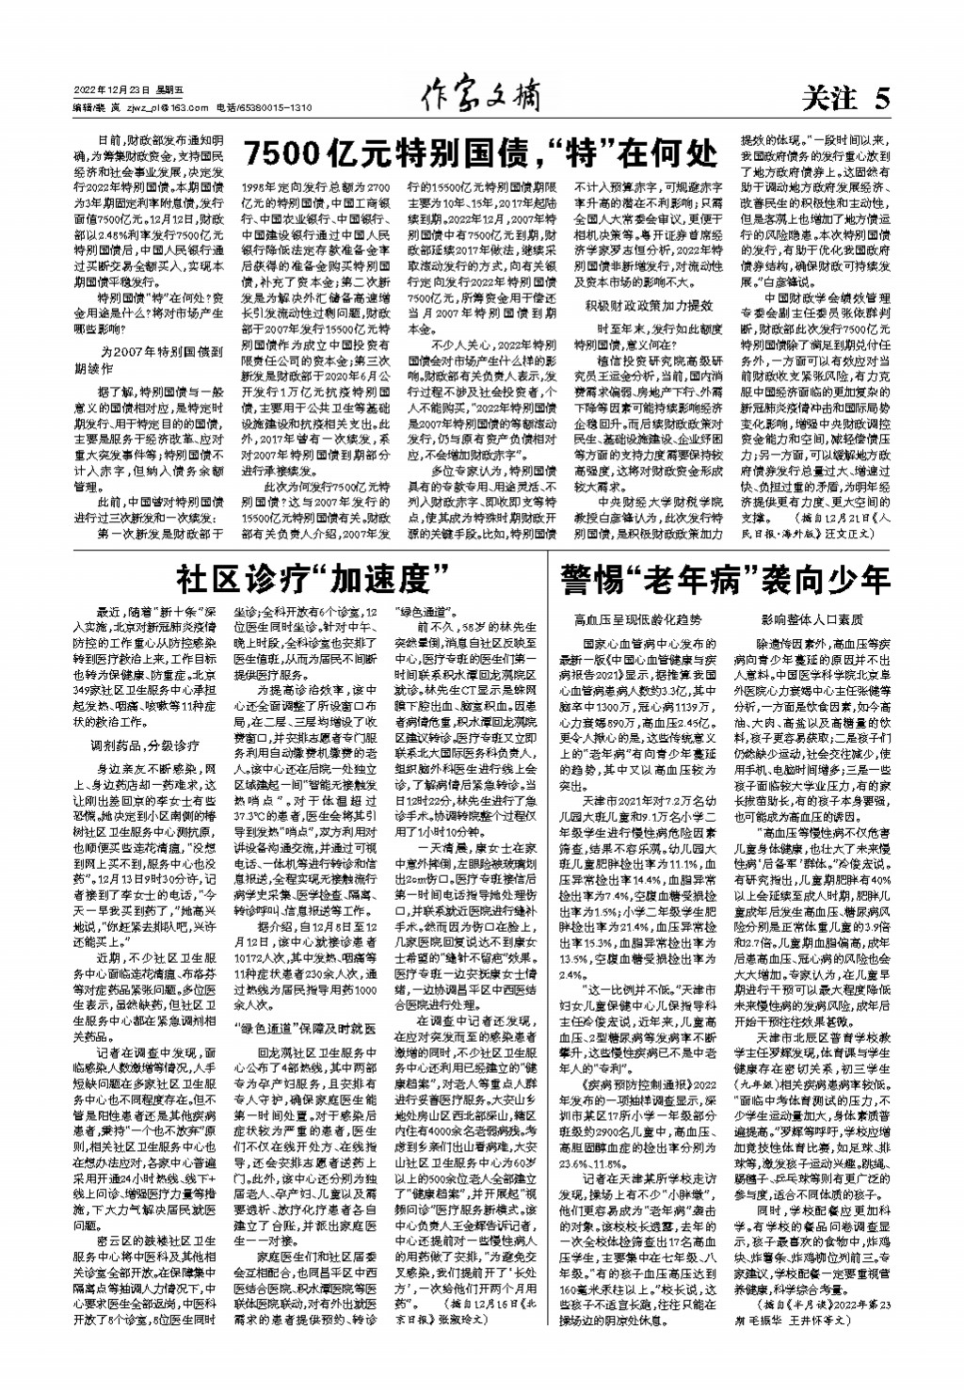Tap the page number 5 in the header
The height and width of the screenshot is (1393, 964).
tap(881, 98)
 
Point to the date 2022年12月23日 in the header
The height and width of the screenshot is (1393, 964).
tap(112, 90)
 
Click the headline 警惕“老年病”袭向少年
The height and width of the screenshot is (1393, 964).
tap(725, 576)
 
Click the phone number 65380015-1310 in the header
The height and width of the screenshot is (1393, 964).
tap(277, 108)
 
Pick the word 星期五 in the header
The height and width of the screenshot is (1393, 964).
tap(169, 90)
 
